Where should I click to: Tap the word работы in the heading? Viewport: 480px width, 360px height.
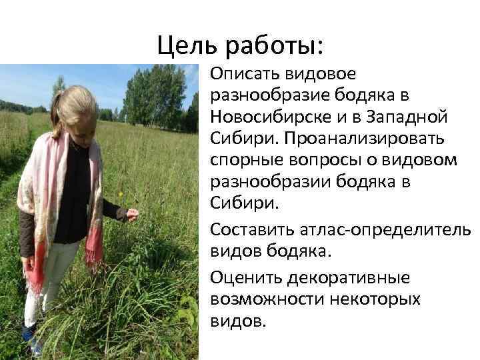pyautogui.click(x=275, y=45)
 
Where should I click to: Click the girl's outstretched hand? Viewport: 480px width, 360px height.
pyautogui.click(x=132, y=214)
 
